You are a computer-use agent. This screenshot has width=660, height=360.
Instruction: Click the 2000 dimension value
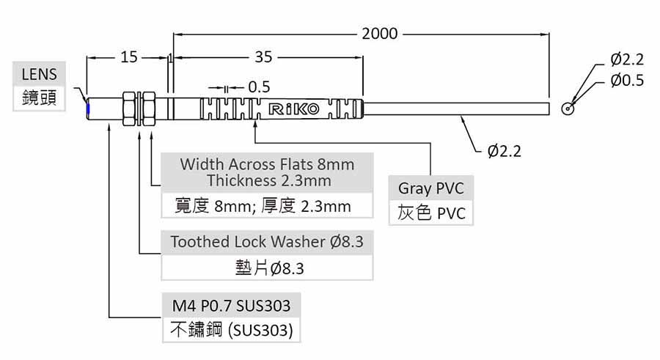click(379, 34)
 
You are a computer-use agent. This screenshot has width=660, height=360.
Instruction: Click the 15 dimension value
click(129, 56)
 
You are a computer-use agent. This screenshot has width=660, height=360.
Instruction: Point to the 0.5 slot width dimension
click(259, 87)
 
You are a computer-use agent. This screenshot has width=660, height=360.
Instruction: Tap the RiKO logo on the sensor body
click(295, 110)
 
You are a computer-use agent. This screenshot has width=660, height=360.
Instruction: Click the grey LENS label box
click(39, 74)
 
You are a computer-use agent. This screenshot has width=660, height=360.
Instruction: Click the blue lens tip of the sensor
click(88, 109)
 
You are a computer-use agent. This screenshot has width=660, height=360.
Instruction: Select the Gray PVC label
click(430, 188)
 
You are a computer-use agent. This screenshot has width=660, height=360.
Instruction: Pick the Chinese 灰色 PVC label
click(430, 213)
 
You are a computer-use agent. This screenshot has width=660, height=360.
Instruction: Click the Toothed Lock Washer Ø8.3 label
click(267, 242)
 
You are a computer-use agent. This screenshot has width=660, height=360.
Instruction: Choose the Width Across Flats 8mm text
click(268, 164)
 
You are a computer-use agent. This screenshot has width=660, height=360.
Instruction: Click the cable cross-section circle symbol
click(567, 108)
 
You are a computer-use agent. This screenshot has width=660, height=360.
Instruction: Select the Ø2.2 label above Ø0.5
click(626, 59)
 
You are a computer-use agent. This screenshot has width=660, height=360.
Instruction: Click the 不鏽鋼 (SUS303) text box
click(230, 331)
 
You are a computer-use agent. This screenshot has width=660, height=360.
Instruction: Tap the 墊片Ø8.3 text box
click(267, 268)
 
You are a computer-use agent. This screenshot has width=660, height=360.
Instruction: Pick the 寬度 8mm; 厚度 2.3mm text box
click(268, 206)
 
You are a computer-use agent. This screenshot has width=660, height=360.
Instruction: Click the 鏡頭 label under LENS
click(39, 99)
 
